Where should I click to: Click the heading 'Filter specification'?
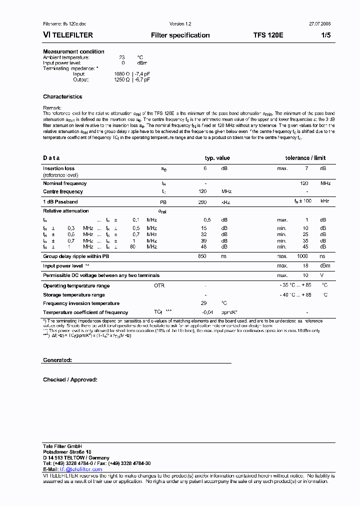tap(180, 35)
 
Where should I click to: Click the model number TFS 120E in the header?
tap(268, 35)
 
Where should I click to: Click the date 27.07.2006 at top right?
tap(319, 24)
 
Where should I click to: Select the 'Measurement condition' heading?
tap(73, 51)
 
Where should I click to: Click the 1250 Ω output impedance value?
tap(122, 79)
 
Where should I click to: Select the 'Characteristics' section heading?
tap(62, 97)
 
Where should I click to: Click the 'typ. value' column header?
tap(217, 158)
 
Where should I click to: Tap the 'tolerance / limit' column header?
tap(305, 158)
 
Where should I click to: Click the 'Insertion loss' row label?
tap(58, 168)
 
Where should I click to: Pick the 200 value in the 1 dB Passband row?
tap(202, 202)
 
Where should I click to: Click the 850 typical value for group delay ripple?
tap(202, 256)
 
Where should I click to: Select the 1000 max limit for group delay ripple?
tap(302, 256)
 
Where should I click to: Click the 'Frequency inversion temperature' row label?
tap(81, 303)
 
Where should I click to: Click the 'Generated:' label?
tap(57, 360)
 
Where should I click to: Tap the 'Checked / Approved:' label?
tap(69, 380)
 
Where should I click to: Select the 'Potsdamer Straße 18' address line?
tap(66, 452)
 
